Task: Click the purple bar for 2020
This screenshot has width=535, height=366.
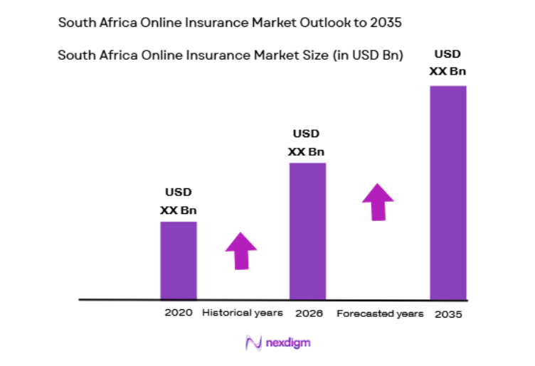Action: coord(178,260)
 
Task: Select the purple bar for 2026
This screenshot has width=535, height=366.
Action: coord(307,231)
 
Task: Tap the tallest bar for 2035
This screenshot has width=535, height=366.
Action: coord(447,193)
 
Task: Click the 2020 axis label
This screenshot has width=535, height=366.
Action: coord(178,313)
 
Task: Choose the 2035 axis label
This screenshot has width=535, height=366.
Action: coord(447,313)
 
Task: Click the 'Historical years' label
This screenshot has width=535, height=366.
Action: coord(243,313)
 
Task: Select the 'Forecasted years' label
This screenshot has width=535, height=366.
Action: coord(380,313)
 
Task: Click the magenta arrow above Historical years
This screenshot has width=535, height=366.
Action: coord(241,250)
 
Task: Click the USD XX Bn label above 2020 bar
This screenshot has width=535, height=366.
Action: coord(178,201)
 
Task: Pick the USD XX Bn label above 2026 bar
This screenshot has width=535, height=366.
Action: coord(307,142)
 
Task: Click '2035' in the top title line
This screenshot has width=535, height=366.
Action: coord(385,22)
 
